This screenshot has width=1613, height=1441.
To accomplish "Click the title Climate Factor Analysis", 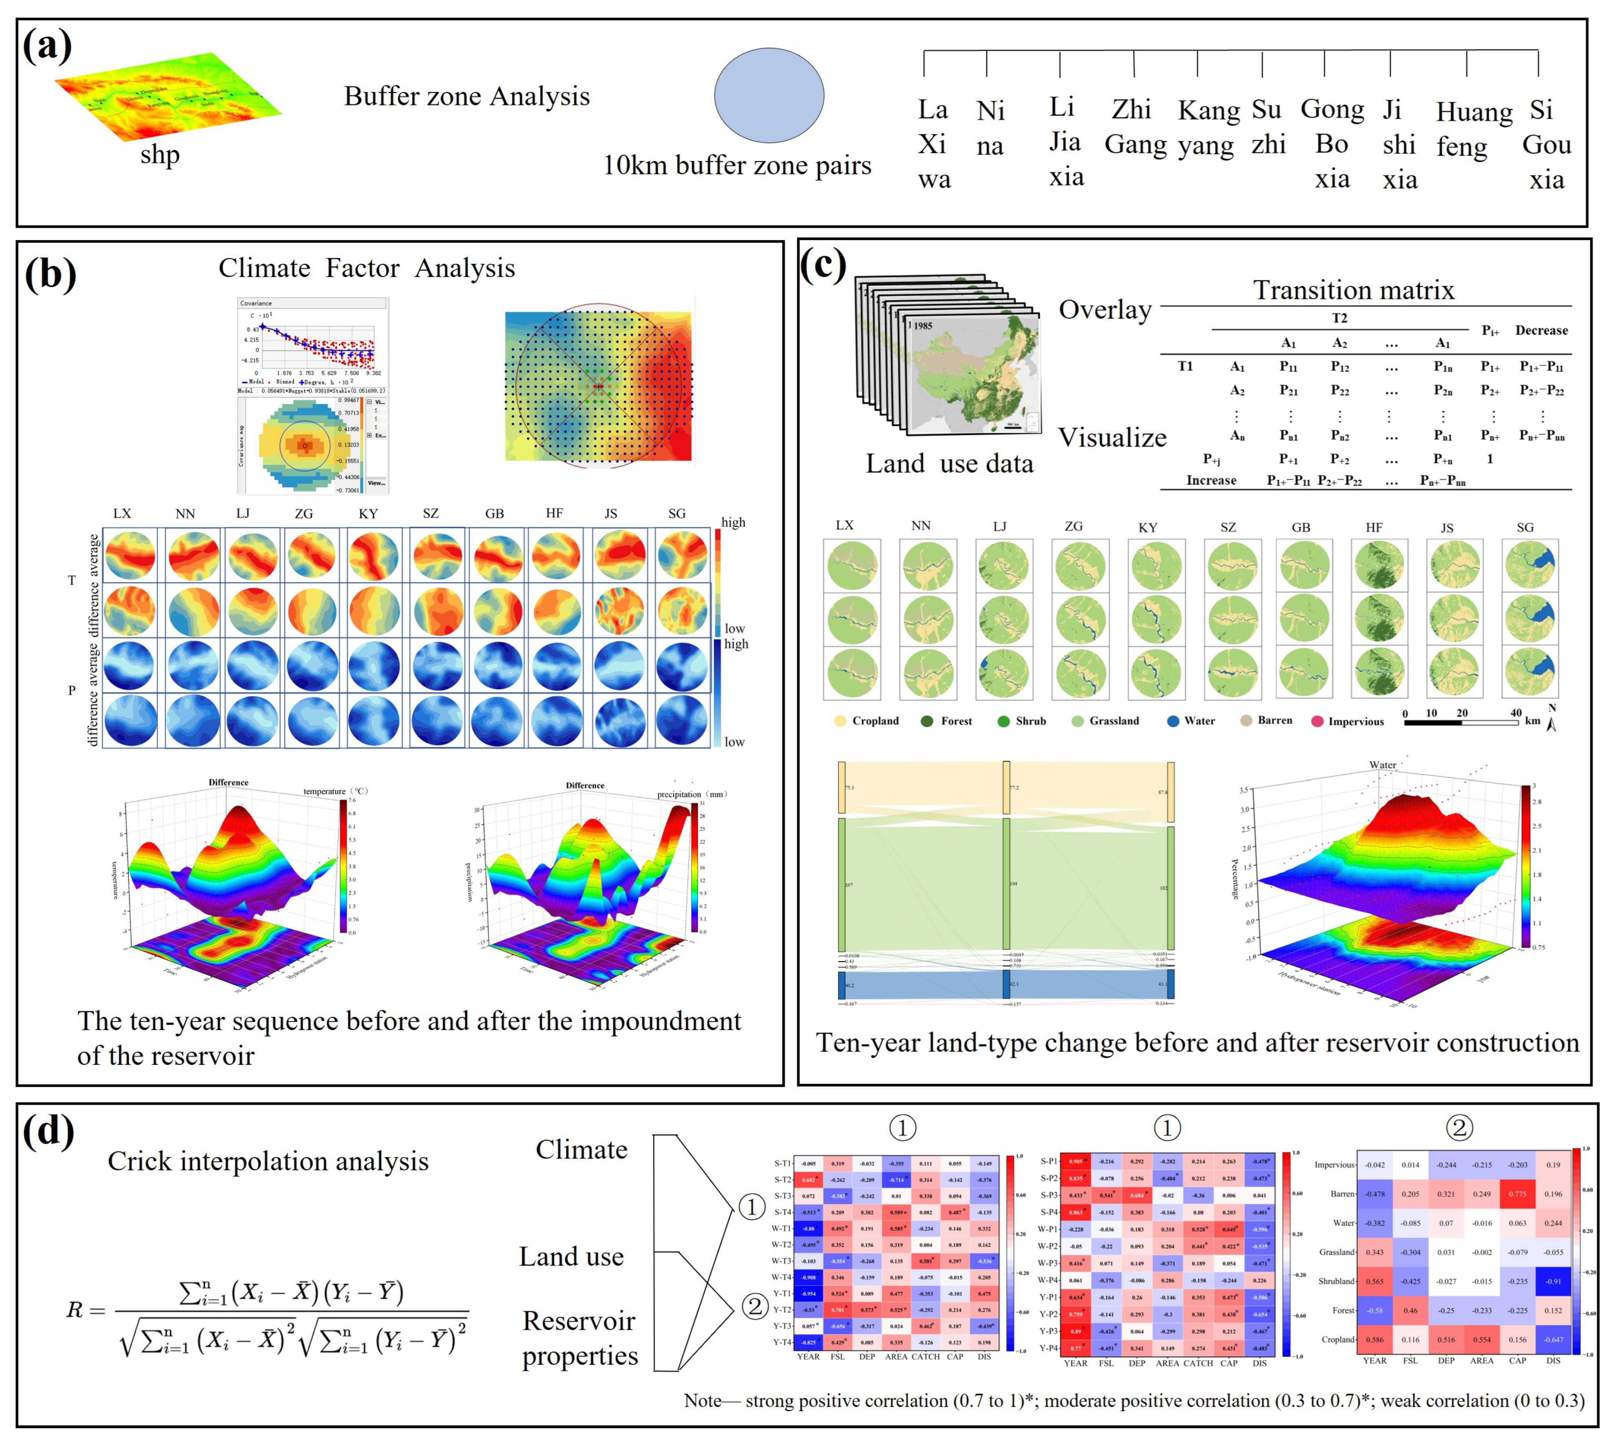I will (x=366, y=268).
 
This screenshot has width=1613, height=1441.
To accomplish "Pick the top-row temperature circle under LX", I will (x=130, y=555).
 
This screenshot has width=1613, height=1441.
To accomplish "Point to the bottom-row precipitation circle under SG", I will (x=682, y=720).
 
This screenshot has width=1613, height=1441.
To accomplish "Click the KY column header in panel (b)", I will (x=368, y=514).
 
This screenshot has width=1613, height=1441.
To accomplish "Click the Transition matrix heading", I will (x=1353, y=290).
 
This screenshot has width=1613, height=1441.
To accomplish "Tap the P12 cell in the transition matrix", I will (x=1339, y=367).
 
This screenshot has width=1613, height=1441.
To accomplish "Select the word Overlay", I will (x=1105, y=309).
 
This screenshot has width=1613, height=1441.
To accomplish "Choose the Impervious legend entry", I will (x=1347, y=721).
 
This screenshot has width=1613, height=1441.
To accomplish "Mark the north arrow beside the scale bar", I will (x=1551, y=719).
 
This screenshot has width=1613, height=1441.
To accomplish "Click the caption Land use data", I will (x=949, y=463).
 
